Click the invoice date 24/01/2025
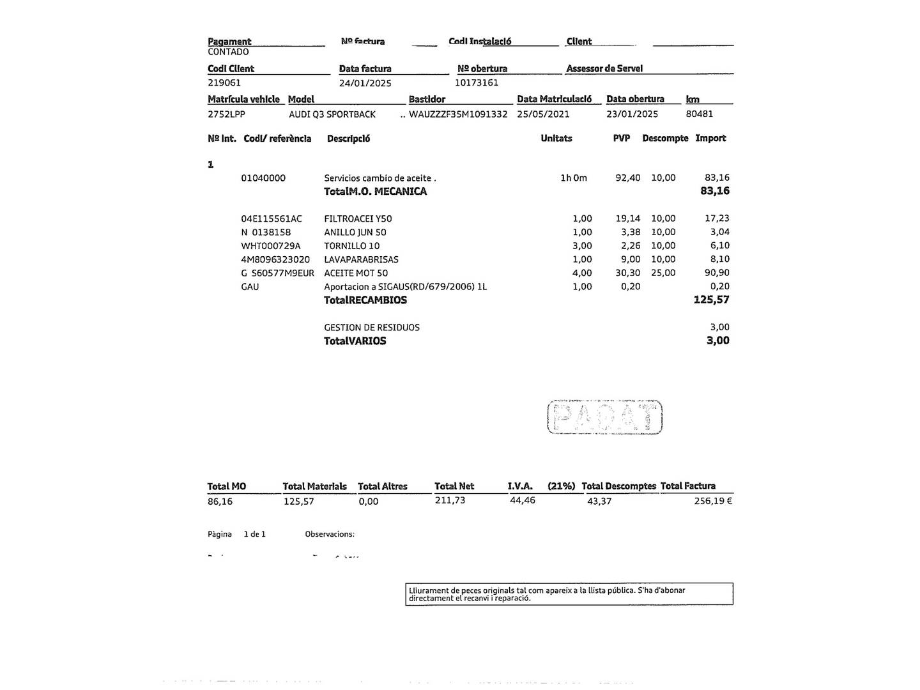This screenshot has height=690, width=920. click(365, 83)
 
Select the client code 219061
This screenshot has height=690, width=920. click(224, 82)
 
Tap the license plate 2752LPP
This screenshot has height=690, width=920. click(226, 114)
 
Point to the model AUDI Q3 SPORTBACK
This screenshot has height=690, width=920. click(332, 114)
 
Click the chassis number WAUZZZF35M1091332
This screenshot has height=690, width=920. click(458, 114)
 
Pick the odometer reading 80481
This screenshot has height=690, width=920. click(700, 114)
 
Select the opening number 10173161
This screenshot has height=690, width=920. click(477, 82)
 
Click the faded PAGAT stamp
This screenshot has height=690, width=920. click(605, 417)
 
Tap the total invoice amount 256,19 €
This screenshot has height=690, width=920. click(713, 501)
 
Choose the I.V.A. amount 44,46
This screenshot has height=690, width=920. click(523, 500)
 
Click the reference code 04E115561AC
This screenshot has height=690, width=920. click(272, 218)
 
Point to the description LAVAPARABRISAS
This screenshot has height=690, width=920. click(361, 259)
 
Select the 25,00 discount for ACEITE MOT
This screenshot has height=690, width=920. click(663, 273)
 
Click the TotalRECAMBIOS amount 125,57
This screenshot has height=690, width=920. click(711, 300)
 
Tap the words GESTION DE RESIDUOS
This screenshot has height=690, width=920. click(372, 327)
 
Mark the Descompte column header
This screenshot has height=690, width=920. click(665, 138)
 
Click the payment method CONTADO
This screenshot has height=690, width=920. click(228, 52)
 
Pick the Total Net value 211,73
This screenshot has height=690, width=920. click(450, 500)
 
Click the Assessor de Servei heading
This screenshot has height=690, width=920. click(604, 68)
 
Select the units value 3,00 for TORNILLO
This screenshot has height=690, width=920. click(582, 245)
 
